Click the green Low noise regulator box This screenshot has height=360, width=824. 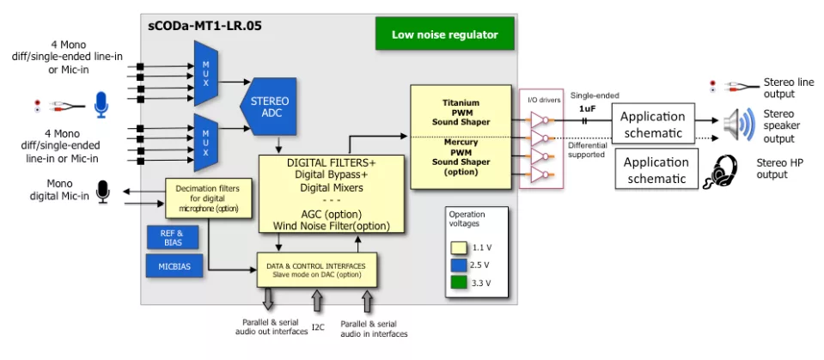[444, 34]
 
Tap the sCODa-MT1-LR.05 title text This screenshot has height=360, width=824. [204, 26]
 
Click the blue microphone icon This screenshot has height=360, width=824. [101, 106]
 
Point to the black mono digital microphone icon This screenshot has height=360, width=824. [103, 192]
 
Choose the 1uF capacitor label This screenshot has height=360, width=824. [587, 108]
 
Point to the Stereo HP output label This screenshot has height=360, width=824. [772, 168]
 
